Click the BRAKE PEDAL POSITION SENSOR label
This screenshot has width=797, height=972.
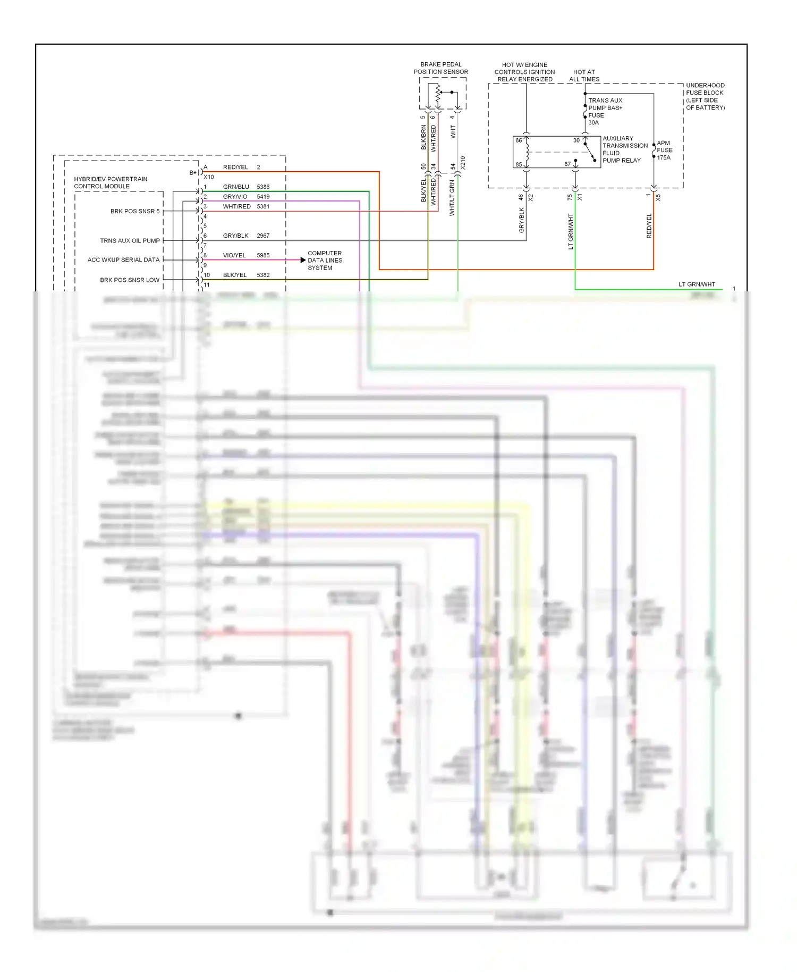click(440, 68)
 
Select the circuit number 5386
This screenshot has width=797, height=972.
click(263, 187)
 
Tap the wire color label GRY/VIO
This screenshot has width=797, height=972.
click(235, 197)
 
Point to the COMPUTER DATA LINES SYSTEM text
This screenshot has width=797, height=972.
click(325, 261)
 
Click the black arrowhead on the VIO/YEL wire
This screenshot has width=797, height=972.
click(303, 260)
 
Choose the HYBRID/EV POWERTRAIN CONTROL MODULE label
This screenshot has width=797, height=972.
click(111, 182)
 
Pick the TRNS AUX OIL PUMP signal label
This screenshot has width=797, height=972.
click(130, 241)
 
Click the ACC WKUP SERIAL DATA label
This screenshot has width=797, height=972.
click(123, 260)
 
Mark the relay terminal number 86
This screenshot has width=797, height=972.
click(519, 141)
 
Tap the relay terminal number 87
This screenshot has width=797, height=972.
click(567, 164)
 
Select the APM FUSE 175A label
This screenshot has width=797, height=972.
click(664, 150)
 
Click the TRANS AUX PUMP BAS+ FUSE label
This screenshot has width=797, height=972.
click(605, 111)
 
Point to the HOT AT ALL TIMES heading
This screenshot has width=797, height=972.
click(584, 76)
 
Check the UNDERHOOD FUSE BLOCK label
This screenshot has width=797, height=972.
click(705, 96)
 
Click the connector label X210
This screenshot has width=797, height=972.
click(463, 163)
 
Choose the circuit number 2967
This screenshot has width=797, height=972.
click(263, 236)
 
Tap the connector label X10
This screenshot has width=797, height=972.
click(209, 177)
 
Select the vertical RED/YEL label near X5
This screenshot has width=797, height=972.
click(649, 226)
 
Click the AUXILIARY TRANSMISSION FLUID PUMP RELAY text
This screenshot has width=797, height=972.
click(625, 149)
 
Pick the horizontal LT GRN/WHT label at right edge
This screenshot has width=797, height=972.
click(697, 284)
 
